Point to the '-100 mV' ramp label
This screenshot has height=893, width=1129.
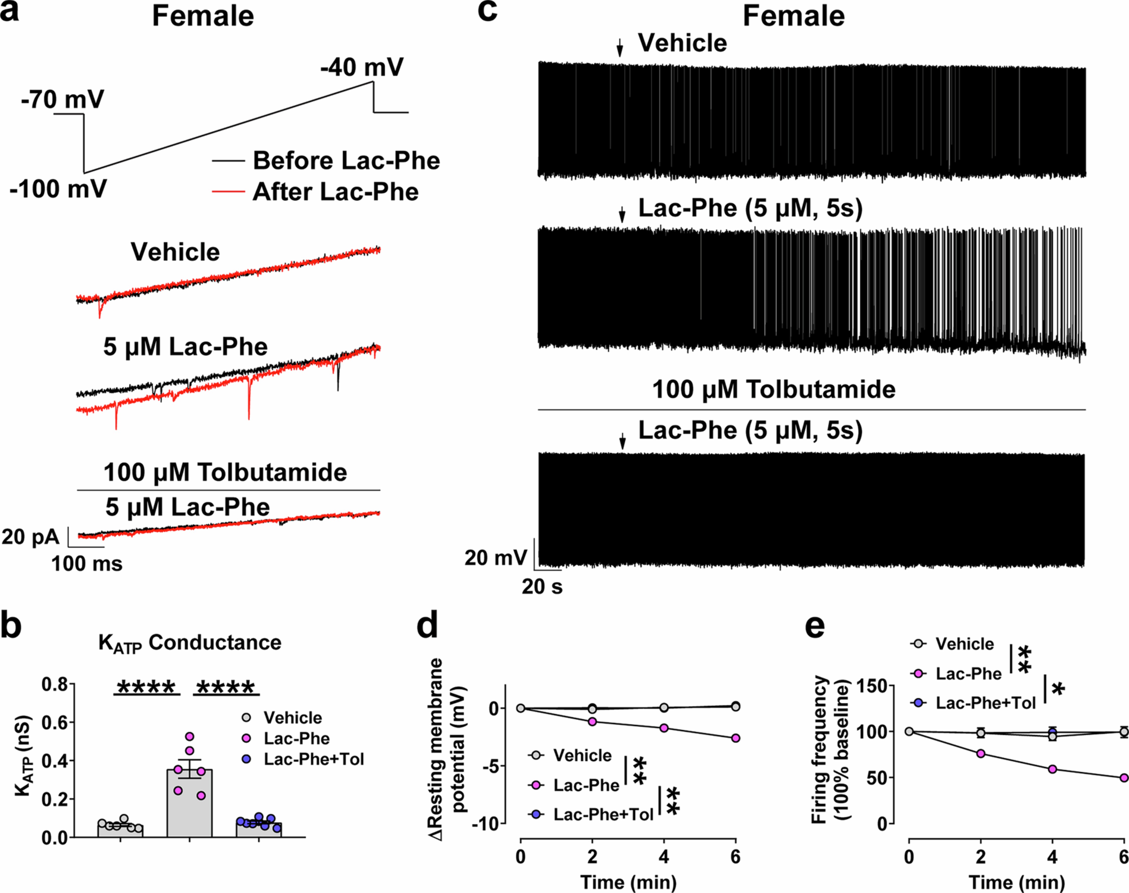pos(58,189)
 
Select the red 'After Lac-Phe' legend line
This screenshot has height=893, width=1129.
pos(228,192)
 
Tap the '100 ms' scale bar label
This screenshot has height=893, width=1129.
pos(87,564)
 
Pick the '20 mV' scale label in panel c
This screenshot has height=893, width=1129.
pos(495,558)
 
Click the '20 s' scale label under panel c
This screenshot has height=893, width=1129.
pos(542,587)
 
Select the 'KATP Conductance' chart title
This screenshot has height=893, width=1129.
pos(190,642)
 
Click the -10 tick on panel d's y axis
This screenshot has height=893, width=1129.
pos(488,824)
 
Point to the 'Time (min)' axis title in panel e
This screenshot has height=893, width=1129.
pos(1017,882)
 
